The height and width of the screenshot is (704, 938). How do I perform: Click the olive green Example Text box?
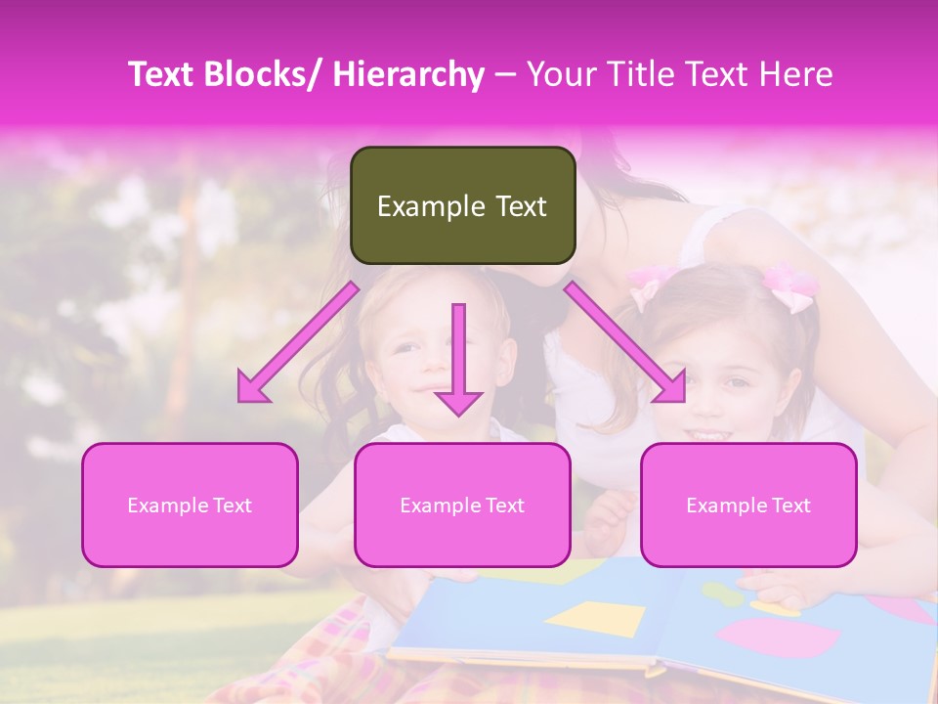tap(462, 205)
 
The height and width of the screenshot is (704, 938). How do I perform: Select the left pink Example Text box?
tap(190, 505)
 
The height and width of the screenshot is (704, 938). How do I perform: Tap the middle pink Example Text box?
tap(462, 505)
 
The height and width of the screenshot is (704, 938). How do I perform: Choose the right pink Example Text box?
tap(748, 505)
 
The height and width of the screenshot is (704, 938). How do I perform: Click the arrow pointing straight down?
tap(458, 357)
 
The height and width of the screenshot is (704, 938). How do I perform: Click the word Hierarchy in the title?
tap(408, 75)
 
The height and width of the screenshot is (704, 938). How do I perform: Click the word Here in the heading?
tap(798, 75)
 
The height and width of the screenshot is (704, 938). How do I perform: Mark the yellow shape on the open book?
tap(595, 619)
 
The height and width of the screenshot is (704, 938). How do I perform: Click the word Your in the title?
tap(560, 75)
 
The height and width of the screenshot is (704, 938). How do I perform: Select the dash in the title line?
tap(505, 75)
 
